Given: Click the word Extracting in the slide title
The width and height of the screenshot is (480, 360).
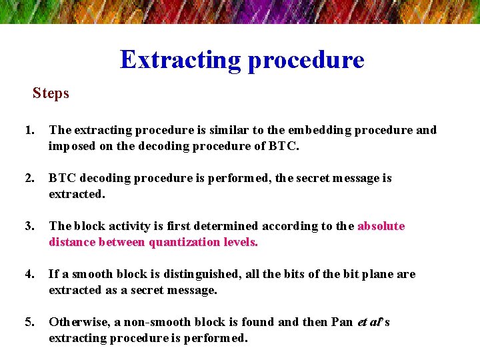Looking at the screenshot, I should (x=181, y=60).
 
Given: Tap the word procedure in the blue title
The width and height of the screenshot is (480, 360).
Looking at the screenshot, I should (x=306, y=61).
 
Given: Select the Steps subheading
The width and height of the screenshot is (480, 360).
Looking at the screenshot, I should (x=51, y=93).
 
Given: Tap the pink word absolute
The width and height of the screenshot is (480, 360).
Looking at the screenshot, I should (x=381, y=226).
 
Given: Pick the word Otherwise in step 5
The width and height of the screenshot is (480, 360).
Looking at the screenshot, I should (x=76, y=322).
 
